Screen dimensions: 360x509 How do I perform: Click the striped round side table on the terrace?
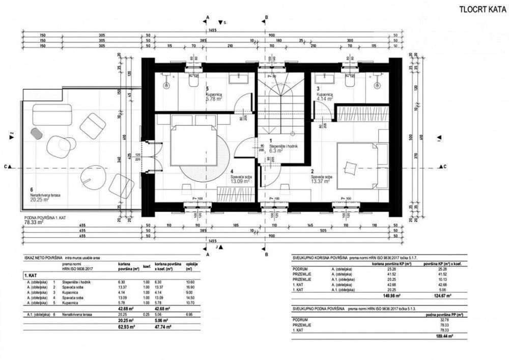(37, 133)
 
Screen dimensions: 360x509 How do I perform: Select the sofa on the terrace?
(52, 114)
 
